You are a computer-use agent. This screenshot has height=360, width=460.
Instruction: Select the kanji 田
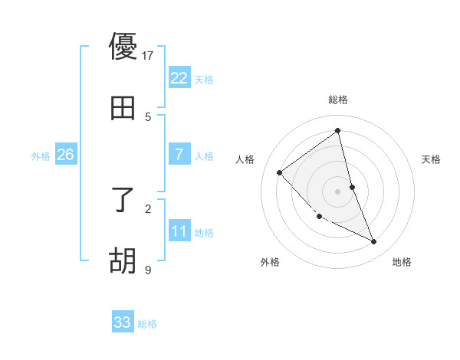pyautogui.click(x=123, y=109)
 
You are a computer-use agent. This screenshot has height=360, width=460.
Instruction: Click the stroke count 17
pyautogui.click(x=148, y=55)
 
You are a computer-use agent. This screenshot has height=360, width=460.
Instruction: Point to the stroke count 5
pyautogui.click(x=148, y=116)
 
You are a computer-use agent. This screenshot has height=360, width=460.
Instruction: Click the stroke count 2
pyautogui.click(x=148, y=208)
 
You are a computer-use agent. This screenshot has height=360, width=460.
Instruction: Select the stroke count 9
pyautogui.click(x=148, y=270)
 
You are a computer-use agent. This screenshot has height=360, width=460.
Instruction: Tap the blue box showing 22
pyautogui.click(x=179, y=78)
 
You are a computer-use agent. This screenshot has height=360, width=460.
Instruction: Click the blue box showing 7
pyautogui.click(x=179, y=155)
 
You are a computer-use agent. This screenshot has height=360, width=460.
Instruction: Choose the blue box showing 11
pyautogui.click(x=179, y=231)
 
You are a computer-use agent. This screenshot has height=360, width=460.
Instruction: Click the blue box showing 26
pyautogui.click(x=65, y=155)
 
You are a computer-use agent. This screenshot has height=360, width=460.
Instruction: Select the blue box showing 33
pyautogui.click(x=123, y=322)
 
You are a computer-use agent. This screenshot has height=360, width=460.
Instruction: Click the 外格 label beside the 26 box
pyautogui.click(x=41, y=156)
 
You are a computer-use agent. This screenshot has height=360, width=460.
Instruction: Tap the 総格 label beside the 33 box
pyautogui.click(x=147, y=324)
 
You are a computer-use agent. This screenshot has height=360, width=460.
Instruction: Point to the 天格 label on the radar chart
pyautogui.click(x=432, y=159)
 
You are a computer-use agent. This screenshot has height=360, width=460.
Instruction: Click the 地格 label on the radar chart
pyautogui.click(x=402, y=262)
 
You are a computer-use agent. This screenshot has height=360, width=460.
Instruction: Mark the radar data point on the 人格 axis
pyautogui.click(x=280, y=172)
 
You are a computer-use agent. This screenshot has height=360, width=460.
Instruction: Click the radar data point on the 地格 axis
pyautogui.click(x=374, y=241)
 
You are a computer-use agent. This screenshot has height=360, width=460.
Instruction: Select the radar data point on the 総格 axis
pyautogui.click(x=338, y=131)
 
